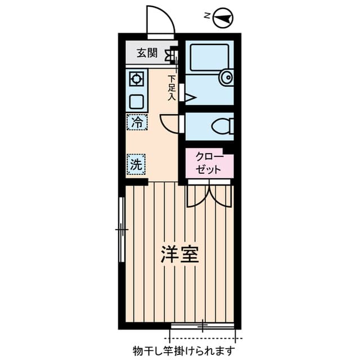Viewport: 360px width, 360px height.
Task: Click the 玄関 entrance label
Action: [x=147, y=53]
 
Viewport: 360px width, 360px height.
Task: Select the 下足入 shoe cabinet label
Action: [x=172, y=88]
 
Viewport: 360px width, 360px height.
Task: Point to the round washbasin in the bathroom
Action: [x=227, y=77]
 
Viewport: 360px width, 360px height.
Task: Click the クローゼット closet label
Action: [x=209, y=162]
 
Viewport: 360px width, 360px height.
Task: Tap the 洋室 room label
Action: [x=180, y=254]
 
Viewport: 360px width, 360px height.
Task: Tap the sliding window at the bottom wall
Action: [x=202, y=326]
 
